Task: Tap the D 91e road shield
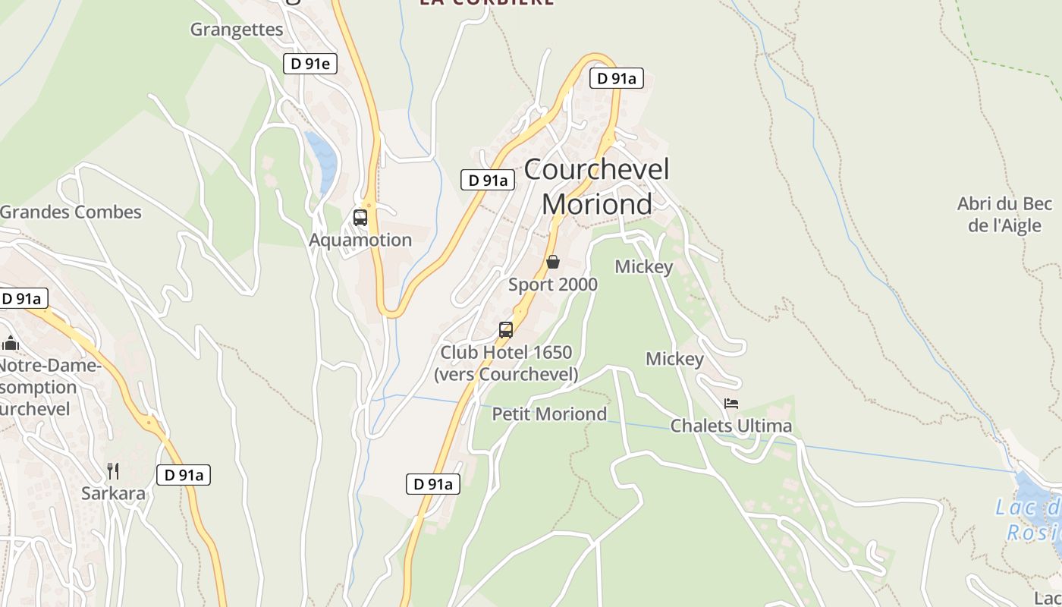(309, 64)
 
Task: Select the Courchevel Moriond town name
(597, 187)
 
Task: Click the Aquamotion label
(360, 240)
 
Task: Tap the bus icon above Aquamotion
(360, 218)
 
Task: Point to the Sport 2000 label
(553, 285)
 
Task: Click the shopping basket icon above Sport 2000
(553, 262)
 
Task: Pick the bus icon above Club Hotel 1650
(506, 330)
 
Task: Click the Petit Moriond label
(549, 414)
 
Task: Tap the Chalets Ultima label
(731, 426)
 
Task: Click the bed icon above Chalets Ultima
(731, 404)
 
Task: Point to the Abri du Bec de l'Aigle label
(1004, 214)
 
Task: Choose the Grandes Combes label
(71, 212)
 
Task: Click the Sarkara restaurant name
(114, 493)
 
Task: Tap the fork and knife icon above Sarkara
(113, 471)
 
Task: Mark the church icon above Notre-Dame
(11, 344)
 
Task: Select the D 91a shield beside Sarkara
(183, 475)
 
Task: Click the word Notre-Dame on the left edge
(50, 366)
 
